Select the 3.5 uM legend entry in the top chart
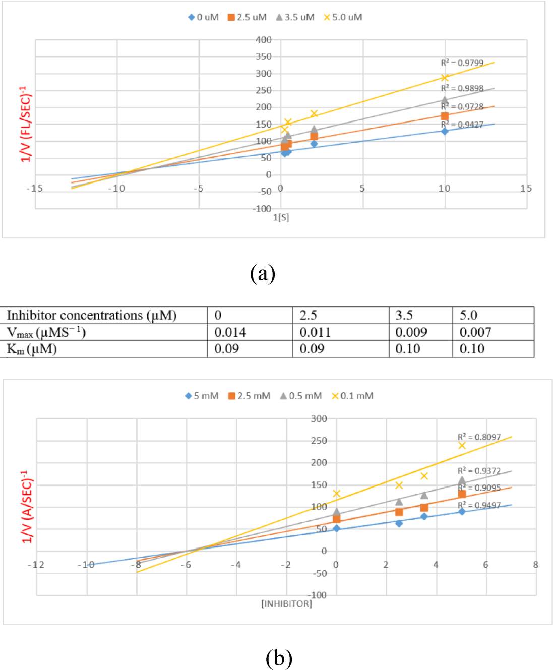coord(295,17)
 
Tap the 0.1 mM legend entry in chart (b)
coord(352,396)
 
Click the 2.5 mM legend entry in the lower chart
coord(249,396)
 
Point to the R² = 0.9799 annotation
coord(462,63)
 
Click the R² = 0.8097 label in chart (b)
coord(479,437)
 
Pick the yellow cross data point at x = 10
coord(445,78)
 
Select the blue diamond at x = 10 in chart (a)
coord(445,131)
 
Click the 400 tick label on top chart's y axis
coord(263,40)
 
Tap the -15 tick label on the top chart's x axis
coord(34,188)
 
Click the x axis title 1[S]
coord(281,217)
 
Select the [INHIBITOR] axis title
coord(286,603)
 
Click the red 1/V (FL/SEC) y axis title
coord(26,124)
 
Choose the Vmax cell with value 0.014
coord(230,332)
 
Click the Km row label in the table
coord(31,349)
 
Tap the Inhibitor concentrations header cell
coord(91,315)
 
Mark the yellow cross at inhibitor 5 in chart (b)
coord(462,445)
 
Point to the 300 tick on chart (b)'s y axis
coord(319,418)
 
